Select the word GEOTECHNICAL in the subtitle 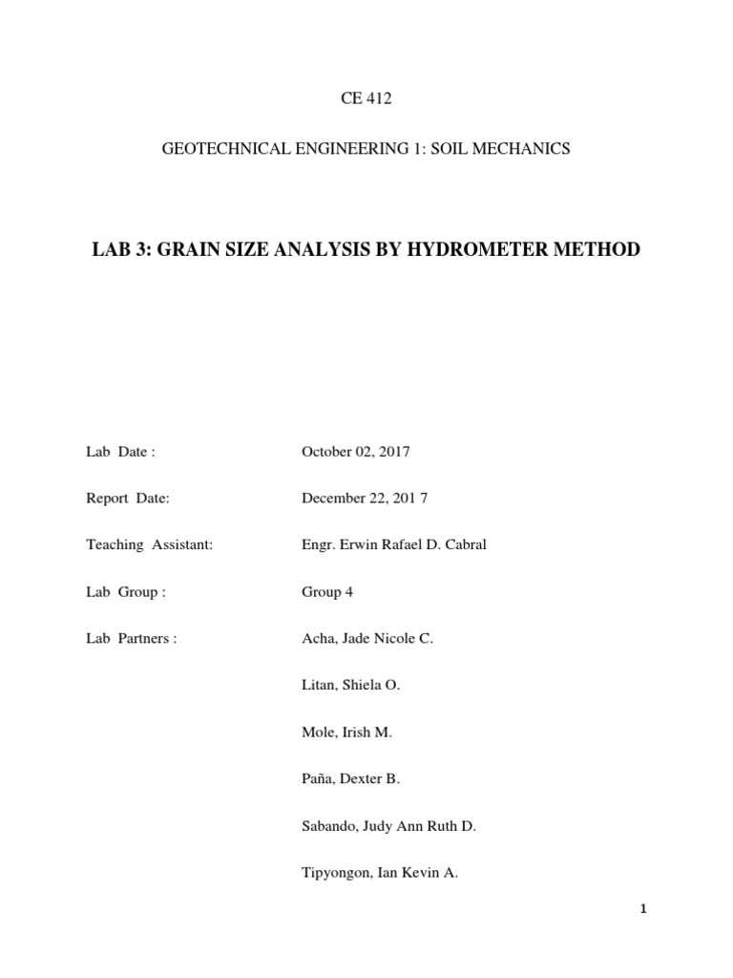tap(216, 149)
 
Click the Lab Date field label tap(120, 452)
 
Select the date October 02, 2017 tap(355, 452)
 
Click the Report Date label tap(128, 499)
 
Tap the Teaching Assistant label tap(149, 545)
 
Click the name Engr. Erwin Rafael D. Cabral tap(394, 545)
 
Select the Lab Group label tap(126, 592)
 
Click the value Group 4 tap(327, 592)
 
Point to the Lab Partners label tap(132, 639)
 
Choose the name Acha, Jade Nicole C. tap(367, 639)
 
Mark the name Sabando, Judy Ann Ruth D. tap(388, 826)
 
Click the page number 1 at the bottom tap(643, 909)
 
